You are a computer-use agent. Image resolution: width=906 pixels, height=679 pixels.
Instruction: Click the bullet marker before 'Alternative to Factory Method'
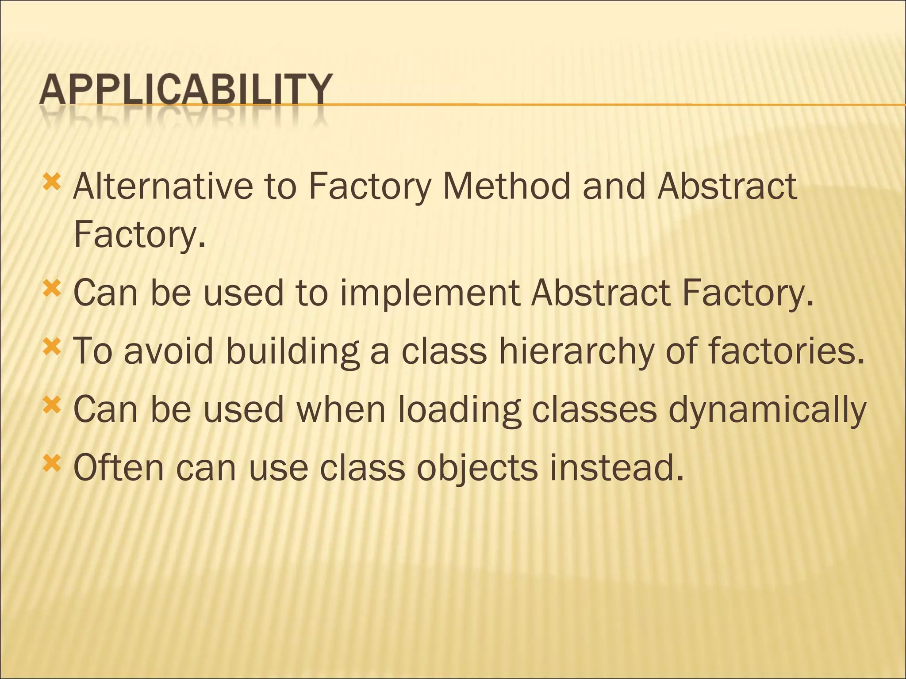(x=52, y=182)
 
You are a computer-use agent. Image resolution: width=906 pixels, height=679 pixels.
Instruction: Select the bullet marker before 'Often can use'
(x=52, y=464)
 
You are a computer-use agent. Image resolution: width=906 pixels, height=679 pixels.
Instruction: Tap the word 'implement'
(x=429, y=294)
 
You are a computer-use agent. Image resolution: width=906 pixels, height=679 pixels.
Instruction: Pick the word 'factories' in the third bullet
(x=785, y=351)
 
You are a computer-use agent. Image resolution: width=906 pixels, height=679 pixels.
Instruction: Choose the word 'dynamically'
(x=767, y=411)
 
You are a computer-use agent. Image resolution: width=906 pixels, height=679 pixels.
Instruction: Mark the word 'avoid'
(x=169, y=351)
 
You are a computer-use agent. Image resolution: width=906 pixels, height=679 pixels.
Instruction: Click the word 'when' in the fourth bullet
(x=341, y=410)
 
